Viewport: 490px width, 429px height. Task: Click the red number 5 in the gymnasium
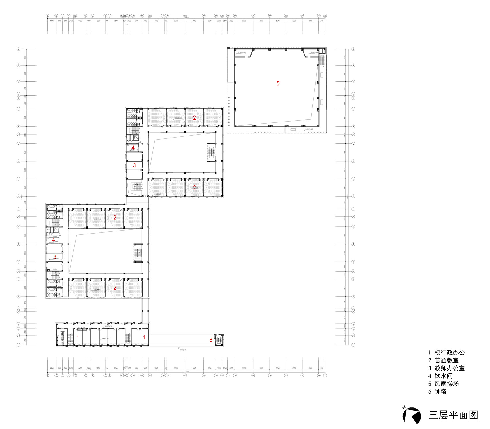coord(278,83)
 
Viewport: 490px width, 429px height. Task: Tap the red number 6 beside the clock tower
coord(211,340)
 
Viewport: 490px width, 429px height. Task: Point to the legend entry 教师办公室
coord(449,368)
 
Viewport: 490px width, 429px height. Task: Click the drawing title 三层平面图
coord(453,415)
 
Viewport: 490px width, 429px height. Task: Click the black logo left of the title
coord(412,415)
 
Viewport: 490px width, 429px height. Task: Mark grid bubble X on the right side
coord(353,49)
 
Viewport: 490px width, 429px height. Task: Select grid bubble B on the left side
coord(19,345)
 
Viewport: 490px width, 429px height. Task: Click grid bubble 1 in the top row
coord(47,16)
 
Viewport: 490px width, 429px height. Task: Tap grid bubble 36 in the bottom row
coord(325,375)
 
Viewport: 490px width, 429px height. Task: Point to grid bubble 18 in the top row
coord(185,16)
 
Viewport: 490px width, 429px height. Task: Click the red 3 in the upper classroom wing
coord(134,165)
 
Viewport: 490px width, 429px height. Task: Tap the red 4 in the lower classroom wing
coord(53,240)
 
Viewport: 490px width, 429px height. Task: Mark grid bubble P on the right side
coord(353,161)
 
